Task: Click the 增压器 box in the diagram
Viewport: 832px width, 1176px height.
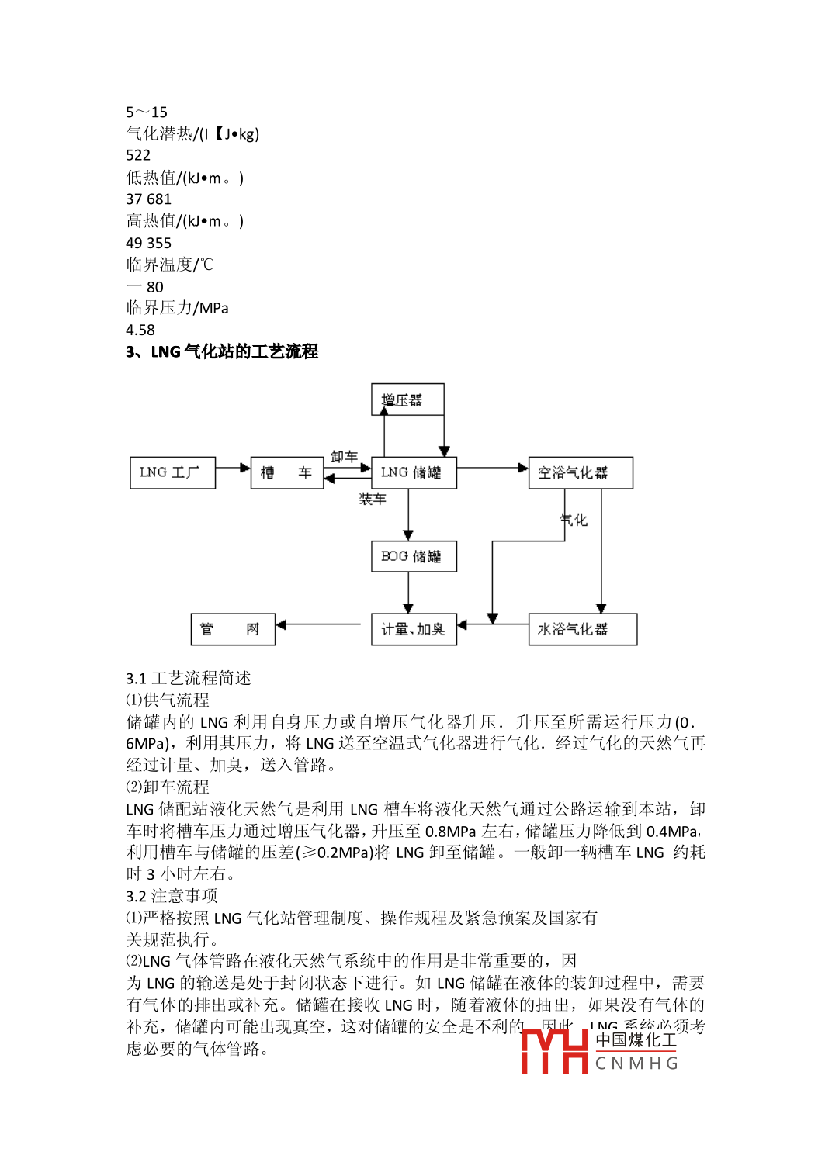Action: click(x=407, y=399)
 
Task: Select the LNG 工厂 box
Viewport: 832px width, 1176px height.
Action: click(x=172, y=472)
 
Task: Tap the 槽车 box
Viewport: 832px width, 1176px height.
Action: click(x=286, y=472)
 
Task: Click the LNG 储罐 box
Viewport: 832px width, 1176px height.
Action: click(x=414, y=472)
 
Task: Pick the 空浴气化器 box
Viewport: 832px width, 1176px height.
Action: click(x=580, y=472)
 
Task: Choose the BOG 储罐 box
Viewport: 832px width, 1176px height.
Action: click(x=414, y=556)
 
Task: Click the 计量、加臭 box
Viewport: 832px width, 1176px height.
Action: click(x=414, y=629)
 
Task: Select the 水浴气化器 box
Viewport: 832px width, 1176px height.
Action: click(x=582, y=629)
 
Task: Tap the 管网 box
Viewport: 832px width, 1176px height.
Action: click(x=233, y=629)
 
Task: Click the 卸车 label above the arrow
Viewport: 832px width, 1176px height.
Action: click(x=344, y=456)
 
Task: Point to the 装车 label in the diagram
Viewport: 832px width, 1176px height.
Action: click(x=373, y=499)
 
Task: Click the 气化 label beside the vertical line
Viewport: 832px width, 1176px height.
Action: click(x=574, y=520)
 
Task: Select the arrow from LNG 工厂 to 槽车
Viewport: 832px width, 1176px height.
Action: click(x=233, y=468)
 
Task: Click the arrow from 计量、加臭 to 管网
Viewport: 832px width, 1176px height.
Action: click(x=318, y=624)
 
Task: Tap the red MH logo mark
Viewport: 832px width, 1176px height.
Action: click(x=554, y=1051)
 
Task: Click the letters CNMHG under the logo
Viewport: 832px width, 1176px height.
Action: click(x=636, y=1064)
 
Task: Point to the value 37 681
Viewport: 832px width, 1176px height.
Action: click(x=148, y=199)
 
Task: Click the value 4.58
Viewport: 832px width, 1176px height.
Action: click(x=140, y=330)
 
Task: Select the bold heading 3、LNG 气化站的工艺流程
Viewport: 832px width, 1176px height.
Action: click(x=222, y=351)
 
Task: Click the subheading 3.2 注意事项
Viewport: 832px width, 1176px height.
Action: click(x=172, y=896)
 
